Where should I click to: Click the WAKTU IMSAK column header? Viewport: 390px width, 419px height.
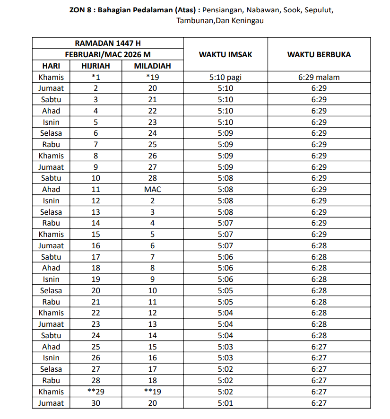pos(225,54)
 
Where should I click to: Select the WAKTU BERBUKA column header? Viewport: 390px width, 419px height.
pos(319,54)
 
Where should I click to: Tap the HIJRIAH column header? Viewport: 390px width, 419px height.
pos(95,66)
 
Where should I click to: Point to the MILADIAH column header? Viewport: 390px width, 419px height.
pos(152,66)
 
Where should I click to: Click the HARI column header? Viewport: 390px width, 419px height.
pos(51,66)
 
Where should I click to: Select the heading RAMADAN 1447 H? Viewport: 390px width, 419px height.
pos(108,43)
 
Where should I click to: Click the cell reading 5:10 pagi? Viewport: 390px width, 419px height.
pos(225,77)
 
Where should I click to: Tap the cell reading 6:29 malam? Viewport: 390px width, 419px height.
pos(319,77)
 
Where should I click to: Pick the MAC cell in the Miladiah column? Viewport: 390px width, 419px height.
pos(152,189)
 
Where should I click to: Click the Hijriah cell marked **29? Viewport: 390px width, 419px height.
pos(95,392)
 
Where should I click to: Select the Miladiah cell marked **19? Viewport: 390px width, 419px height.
pos(152,392)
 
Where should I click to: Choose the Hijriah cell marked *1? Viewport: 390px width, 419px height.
pos(95,77)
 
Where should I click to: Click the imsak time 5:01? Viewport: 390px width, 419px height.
pos(225,403)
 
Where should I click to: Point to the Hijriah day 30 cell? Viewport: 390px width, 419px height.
pos(95,403)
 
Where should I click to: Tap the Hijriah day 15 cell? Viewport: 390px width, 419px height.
pos(95,234)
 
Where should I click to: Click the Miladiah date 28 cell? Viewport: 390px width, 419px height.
pos(152,178)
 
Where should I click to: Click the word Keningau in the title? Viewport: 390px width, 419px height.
pos(247,20)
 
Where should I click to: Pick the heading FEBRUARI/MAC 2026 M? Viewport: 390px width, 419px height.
pos(108,54)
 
